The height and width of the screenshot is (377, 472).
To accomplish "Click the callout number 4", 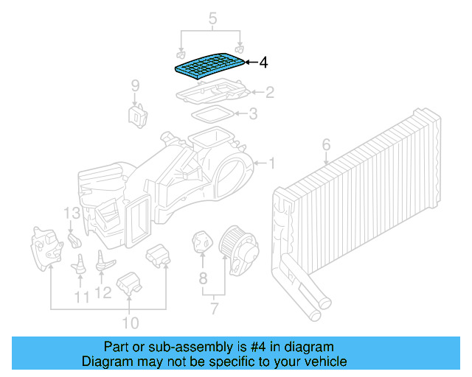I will [263, 63].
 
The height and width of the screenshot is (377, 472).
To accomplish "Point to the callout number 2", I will [270, 92].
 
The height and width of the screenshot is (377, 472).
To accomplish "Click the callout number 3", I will [252, 114].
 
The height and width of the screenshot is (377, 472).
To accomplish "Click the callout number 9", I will [135, 87].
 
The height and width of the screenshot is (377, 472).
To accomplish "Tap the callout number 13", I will [70, 214].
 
